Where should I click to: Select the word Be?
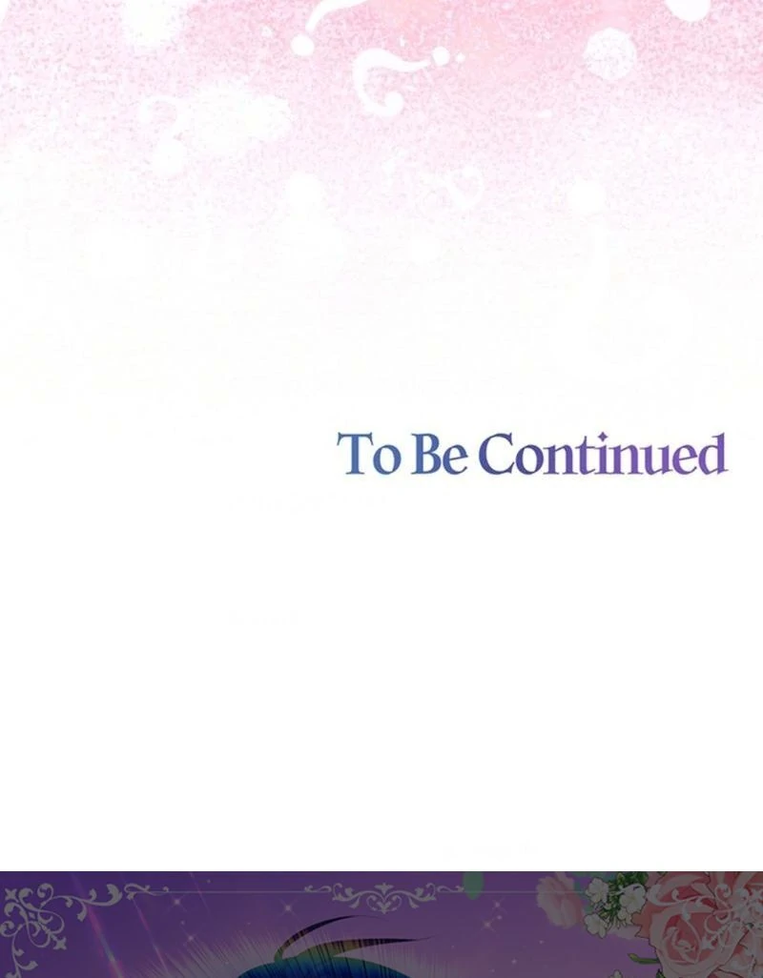[x=440, y=454]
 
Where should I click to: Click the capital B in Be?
[x=425, y=454]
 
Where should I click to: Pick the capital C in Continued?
[x=498, y=454]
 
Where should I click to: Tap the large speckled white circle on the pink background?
[x=609, y=53]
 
